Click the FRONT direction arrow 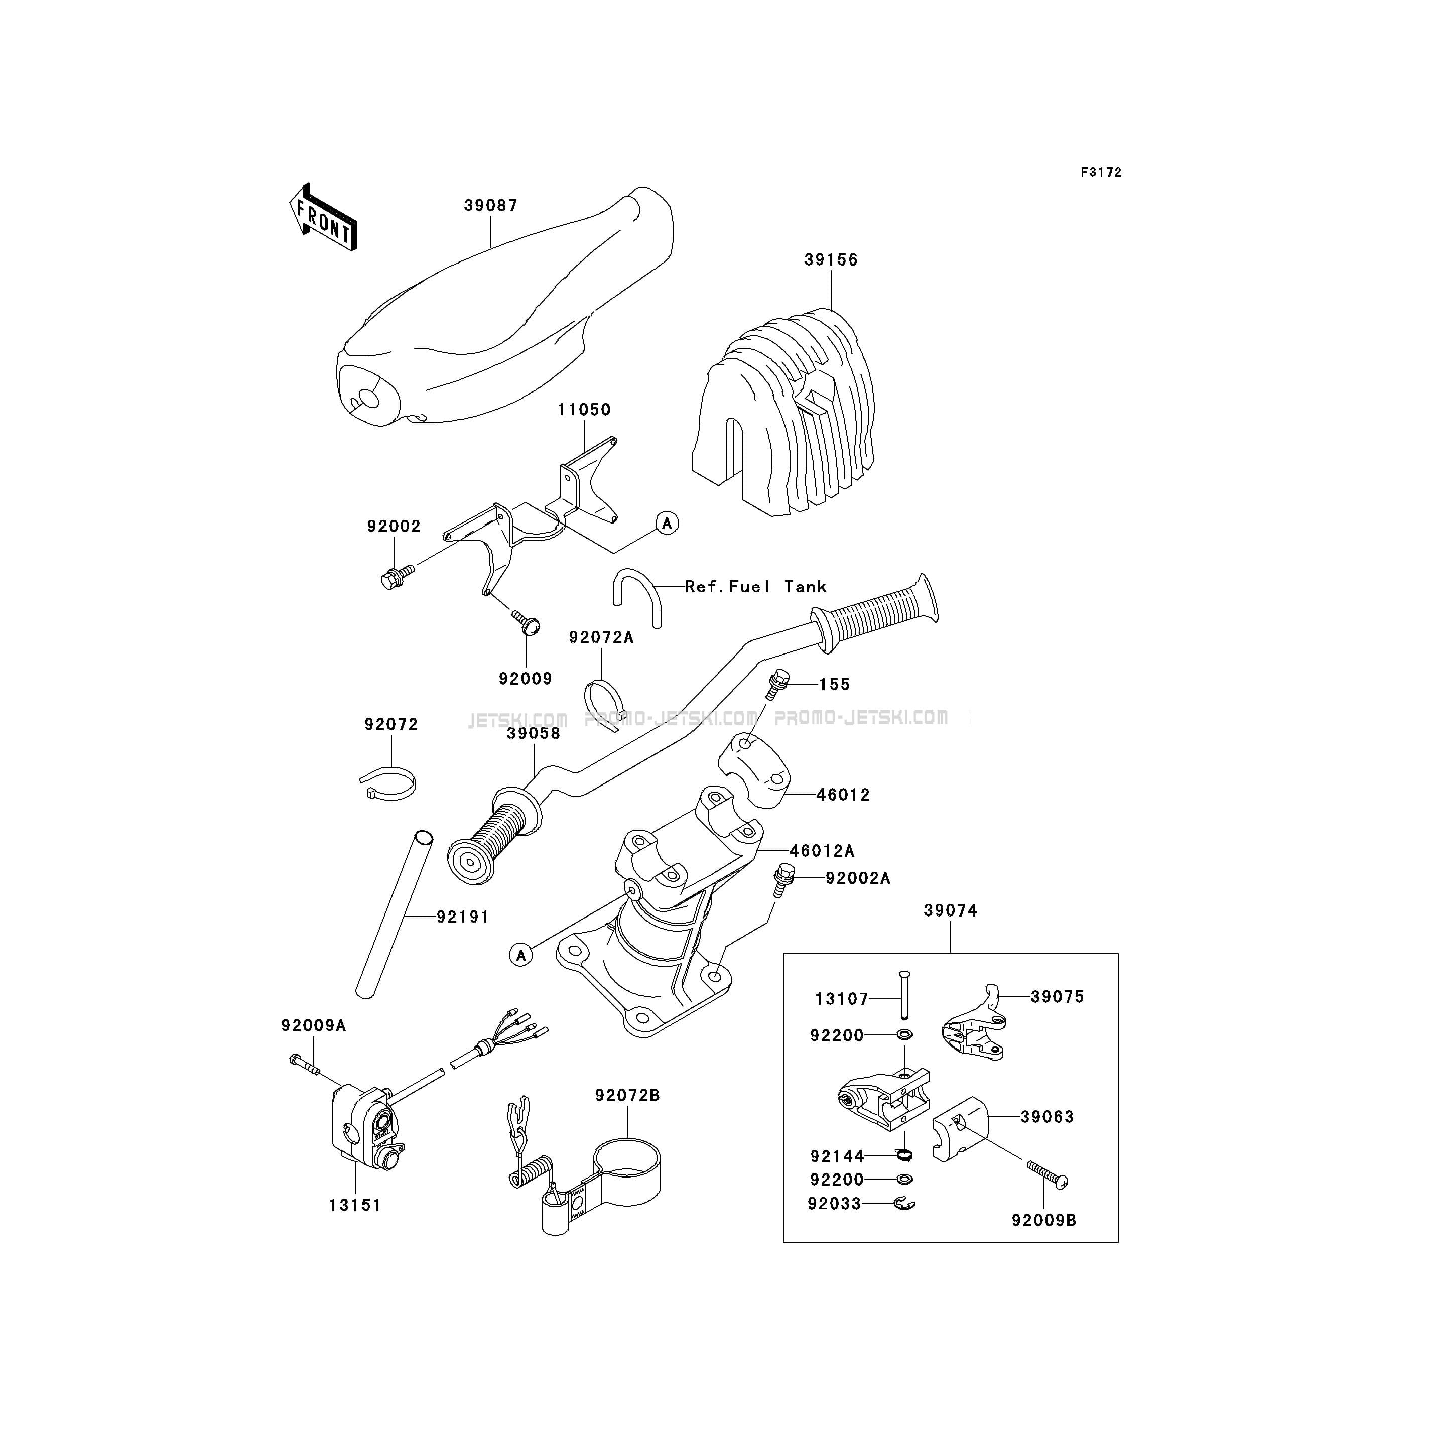click(x=323, y=217)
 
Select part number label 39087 click(x=491, y=206)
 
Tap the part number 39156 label click(x=831, y=260)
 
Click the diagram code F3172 click(x=1101, y=172)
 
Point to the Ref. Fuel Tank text click(x=756, y=587)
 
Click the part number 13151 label click(x=355, y=1205)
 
